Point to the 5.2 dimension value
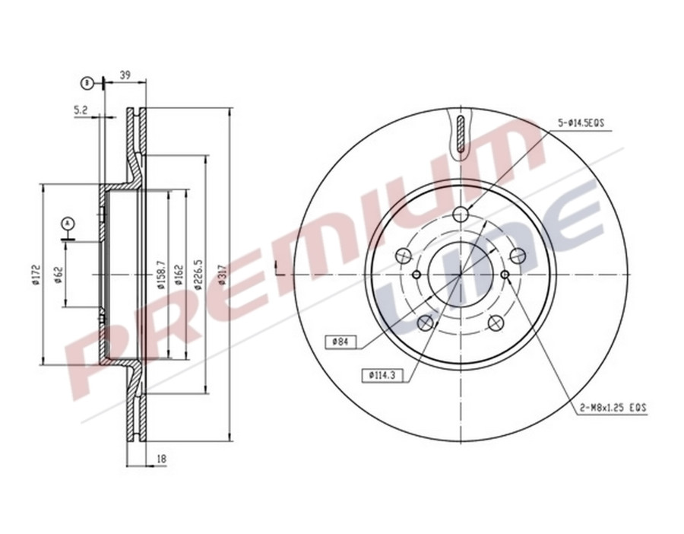[x=81, y=110]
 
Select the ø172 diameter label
[x=35, y=275]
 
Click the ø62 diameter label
[x=59, y=275]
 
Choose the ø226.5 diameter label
[x=199, y=275]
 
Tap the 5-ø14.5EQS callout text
[x=581, y=122]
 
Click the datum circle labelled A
[x=68, y=223]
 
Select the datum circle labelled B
[x=87, y=81]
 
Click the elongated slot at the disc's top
[x=461, y=134]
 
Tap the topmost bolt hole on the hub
[x=461, y=215]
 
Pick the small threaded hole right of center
[x=505, y=274]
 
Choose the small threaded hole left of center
[x=416, y=274]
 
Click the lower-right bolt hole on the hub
[x=495, y=323]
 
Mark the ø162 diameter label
[x=178, y=275]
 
